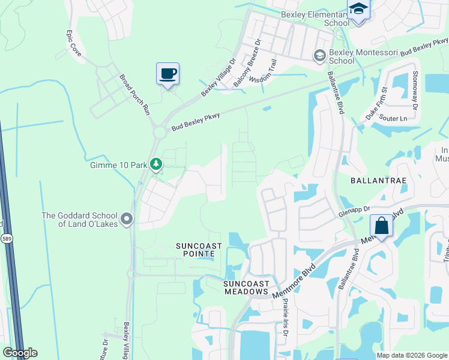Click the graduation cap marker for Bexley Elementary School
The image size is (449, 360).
(x=358, y=10)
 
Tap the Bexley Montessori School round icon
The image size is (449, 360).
(x=319, y=55)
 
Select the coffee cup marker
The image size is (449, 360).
(x=168, y=74)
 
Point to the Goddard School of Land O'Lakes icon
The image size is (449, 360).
(x=126, y=220)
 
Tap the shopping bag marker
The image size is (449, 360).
(x=381, y=226)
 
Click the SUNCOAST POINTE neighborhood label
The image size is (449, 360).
(x=199, y=250)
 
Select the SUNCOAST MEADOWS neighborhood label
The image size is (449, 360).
(x=245, y=287)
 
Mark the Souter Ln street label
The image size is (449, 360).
(x=394, y=119)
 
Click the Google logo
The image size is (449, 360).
(x=20, y=353)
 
